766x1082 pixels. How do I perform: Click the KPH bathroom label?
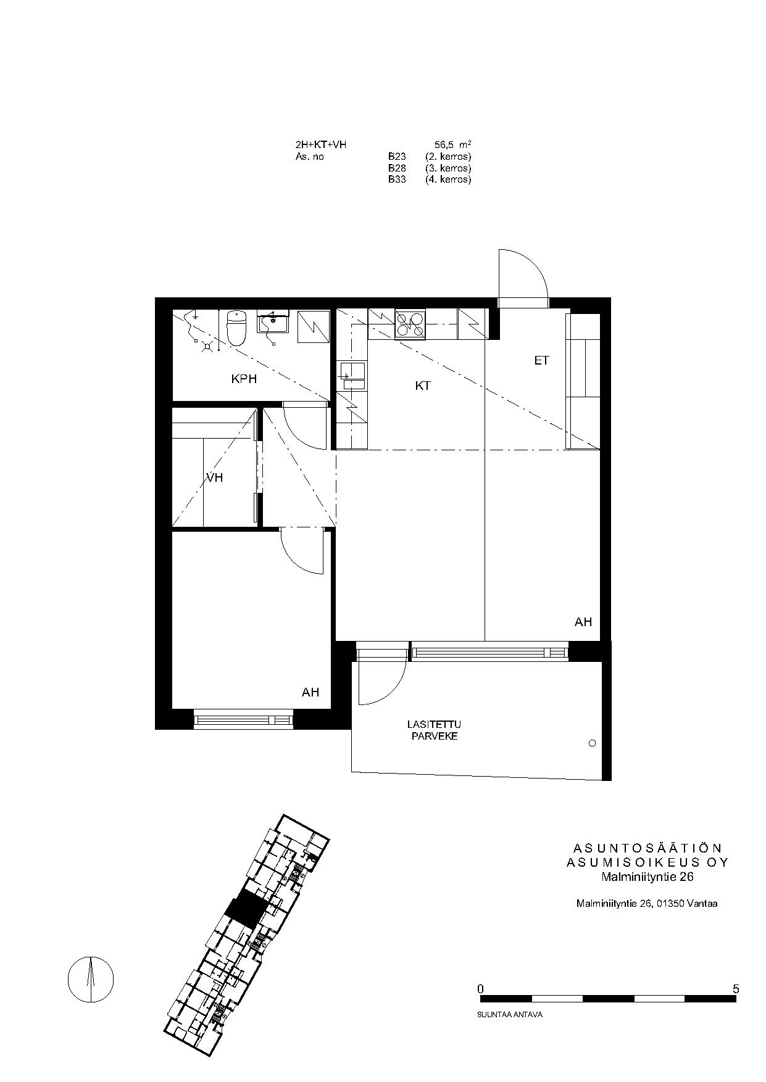pyautogui.click(x=244, y=379)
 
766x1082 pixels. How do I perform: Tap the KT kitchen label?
pyautogui.click(x=423, y=386)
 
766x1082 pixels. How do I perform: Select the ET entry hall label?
pyautogui.click(x=541, y=361)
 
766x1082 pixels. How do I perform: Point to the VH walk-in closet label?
pyautogui.click(x=215, y=477)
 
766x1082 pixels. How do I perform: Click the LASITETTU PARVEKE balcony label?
pyautogui.click(x=434, y=730)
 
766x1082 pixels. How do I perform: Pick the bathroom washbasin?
pyautogui.click(x=272, y=321)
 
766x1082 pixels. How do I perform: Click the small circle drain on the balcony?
pyautogui.click(x=593, y=744)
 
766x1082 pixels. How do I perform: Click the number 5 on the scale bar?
pyautogui.click(x=735, y=989)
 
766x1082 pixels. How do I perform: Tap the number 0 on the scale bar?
pyautogui.click(x=481, y=989)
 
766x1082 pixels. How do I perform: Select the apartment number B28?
pyautogui.click(x=397, y=168)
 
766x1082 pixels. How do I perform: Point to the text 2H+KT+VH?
pyautogui.click(x=321, y=144)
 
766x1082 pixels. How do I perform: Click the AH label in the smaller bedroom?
pyautogui.click(x=310, y=693)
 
